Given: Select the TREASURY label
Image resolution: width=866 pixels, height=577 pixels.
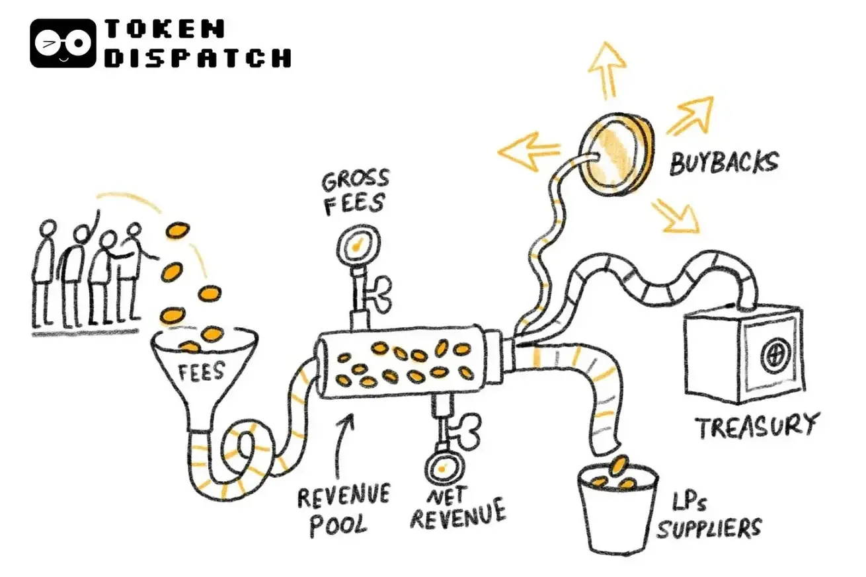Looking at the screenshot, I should pyautogui.click(x=756, y=426).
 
